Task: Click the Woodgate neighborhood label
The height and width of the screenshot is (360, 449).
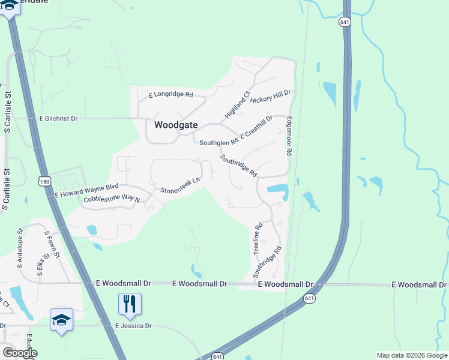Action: (175, 125)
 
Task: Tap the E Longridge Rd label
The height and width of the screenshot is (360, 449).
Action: (170, 95)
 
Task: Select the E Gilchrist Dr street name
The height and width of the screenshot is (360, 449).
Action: (58, 119)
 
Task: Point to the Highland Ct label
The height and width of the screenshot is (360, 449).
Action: (237, 104)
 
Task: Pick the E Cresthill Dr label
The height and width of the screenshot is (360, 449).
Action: (256, 127)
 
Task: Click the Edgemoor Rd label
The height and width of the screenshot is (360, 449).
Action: (289, 136)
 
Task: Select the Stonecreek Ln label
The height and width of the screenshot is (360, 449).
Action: (179, 186)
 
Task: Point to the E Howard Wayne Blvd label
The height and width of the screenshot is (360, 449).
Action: (87, 191)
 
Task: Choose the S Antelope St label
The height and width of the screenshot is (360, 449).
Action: (20, 247)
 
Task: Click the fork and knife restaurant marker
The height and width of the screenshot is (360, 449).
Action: (130, 304)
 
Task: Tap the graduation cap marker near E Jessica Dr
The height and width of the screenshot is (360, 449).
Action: (61, 320)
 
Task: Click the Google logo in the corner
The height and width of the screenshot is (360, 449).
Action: (19, 353)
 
